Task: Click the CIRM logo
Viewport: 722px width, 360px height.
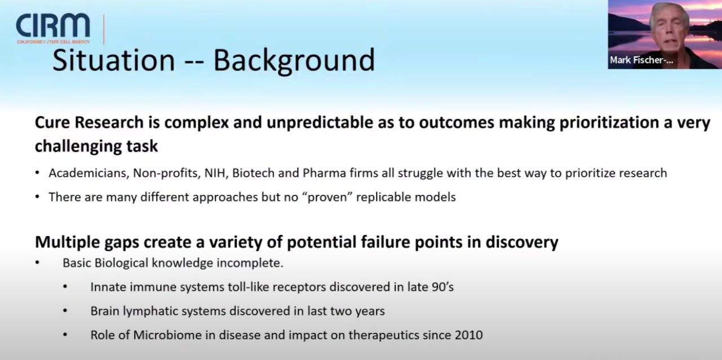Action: (x=53, y=28)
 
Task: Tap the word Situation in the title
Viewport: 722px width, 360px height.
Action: (x=113, y=60)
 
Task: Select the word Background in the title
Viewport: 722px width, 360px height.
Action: (x=294, y=61)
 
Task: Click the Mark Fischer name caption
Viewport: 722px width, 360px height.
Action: (x=641, y=60)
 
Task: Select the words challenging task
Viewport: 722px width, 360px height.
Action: (x=96, y=146)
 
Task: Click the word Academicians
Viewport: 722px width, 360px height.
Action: (x=88, y=173)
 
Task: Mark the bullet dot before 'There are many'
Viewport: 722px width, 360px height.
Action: (x=37, y=196)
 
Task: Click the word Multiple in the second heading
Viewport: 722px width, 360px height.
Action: (x=67, y=242)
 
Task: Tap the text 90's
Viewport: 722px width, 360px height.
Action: (x=442, y=287)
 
